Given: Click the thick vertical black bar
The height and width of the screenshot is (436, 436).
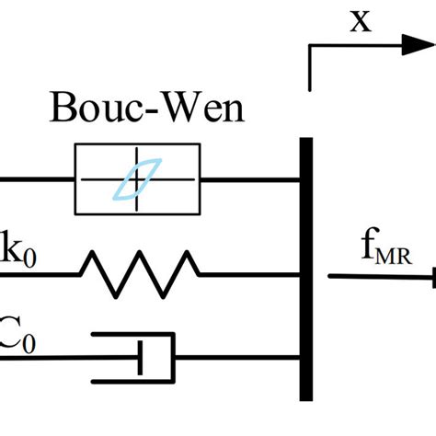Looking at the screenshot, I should click(306, 267).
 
